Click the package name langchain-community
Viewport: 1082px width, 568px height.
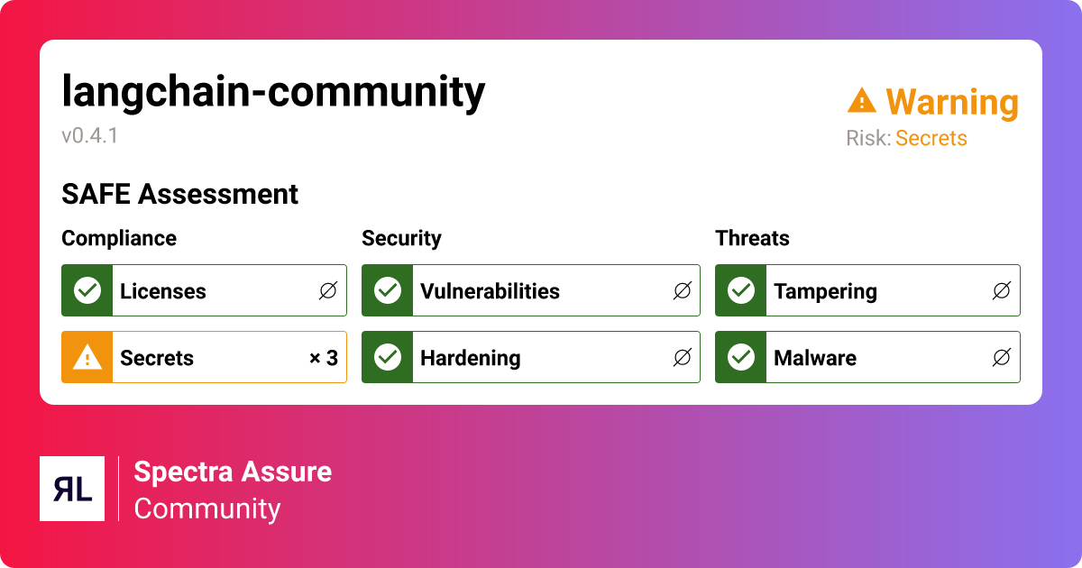pos(273,92)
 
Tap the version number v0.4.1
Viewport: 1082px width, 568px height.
pos(90,136)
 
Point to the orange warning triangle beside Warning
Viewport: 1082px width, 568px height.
pos(862,101)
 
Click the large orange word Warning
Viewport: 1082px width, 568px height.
pos(951,103)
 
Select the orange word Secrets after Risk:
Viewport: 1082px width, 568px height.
pos(931,139)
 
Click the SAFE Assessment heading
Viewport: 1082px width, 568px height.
pos(179,194)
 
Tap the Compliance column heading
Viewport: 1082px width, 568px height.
pos(119,238)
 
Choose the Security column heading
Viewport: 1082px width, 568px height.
pos(401,238)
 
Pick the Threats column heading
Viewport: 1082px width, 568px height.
pos(752,238)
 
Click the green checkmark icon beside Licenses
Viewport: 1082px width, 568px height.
pos(87,290)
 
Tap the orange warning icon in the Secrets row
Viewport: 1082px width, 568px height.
pos(87,357)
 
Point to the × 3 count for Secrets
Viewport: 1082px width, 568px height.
pos(323,358)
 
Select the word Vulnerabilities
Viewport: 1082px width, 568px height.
pos(490,291)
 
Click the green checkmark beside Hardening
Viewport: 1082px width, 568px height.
pos(388,357)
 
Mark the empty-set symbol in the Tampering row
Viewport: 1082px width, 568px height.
pos(1001,290)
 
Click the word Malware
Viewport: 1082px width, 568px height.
pos(814,358)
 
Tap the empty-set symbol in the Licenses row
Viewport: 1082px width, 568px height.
pos(327,290)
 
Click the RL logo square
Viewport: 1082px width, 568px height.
pos(72,489)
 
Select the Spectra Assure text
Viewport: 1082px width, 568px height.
pos(233,472)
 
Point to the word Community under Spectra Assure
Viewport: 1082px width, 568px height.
pos(207,508)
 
